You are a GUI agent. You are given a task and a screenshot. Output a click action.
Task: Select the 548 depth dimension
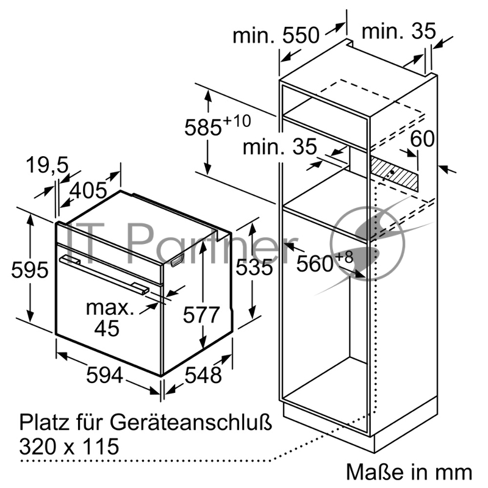pyautogui.click(x=204, y=375)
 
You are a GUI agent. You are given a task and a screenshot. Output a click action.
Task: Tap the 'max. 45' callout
pyautogui.click(x=108, y=317)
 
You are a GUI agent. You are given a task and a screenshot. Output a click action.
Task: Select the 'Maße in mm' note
pyautogui.click(x=409, y=472)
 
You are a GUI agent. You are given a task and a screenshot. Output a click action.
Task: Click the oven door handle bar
pyautogui.click(x=104, y=272)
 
